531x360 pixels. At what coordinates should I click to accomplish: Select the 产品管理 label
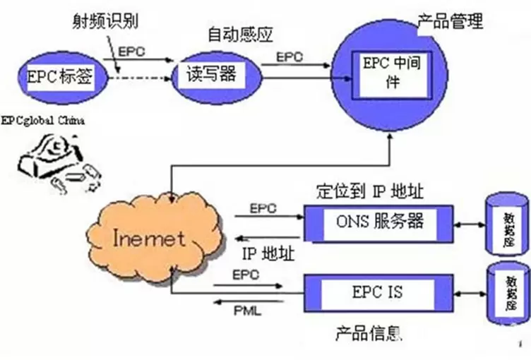[x=451, y=21]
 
